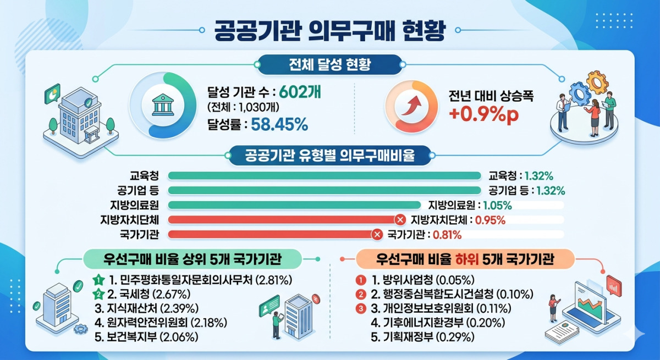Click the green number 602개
tap(300, 92)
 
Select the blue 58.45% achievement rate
tap(279, 125)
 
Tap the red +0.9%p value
tap(484, 114)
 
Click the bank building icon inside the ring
tap(163, 105)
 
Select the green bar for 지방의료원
tap(294, 205)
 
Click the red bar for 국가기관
tap(273, 234)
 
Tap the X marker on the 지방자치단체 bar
tap(400, 220)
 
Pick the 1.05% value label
tap(497, 205)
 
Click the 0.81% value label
tap(447, 235)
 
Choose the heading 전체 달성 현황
tap(329, 64)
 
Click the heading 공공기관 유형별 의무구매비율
tap(329, 155)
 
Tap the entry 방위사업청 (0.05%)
tap(423, 280)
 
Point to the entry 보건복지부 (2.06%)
tap(146, 337)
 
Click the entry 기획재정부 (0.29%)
tap(423, 337)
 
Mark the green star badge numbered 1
tap(98, 280)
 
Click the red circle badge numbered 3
tap(360, 308)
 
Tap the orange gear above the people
tap(597, 82)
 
